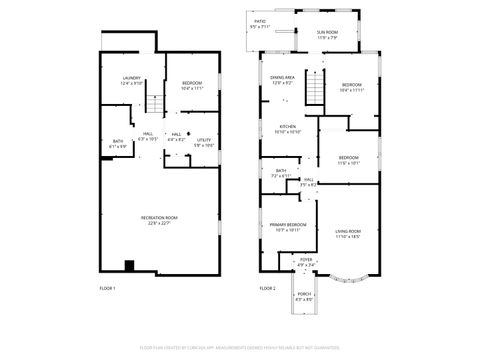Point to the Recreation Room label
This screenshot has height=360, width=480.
coord(159,220)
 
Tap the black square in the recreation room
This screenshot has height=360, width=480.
coord(129,265)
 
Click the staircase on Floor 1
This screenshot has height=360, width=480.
coord(155,102)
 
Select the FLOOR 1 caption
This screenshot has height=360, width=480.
coord(108,288)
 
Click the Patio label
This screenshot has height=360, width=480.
coord(261,22)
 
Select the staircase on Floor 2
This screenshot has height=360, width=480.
coord(313,93)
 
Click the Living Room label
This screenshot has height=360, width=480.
coord(348,235)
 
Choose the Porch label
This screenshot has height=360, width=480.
coord(304,297)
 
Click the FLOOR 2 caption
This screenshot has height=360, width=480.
coord(267,288)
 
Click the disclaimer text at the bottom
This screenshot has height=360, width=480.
coord(240,347)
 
